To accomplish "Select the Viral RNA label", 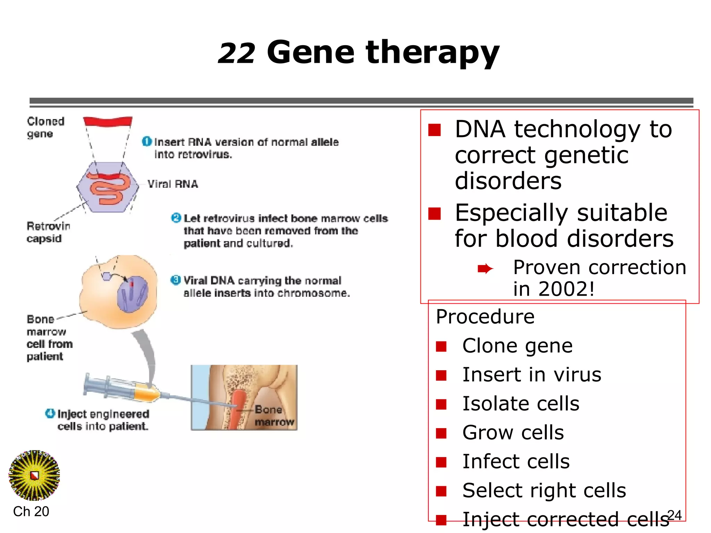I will (173, 184).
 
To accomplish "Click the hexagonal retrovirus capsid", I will (108, 187).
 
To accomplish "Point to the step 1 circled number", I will (147, 142).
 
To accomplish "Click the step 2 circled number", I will (176, 218).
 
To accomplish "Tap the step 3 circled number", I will (176, 280).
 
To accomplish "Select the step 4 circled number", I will (50, 413).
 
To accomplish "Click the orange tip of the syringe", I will (147, 394).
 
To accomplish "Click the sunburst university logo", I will (34, 475).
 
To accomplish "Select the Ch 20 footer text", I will (31, 511).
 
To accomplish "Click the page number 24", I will (675, 515).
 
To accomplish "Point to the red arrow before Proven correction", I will (485, 268).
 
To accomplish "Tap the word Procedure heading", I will (485, 316).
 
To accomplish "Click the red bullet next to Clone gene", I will (441, 346).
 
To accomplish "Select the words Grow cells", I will (513, 433).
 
